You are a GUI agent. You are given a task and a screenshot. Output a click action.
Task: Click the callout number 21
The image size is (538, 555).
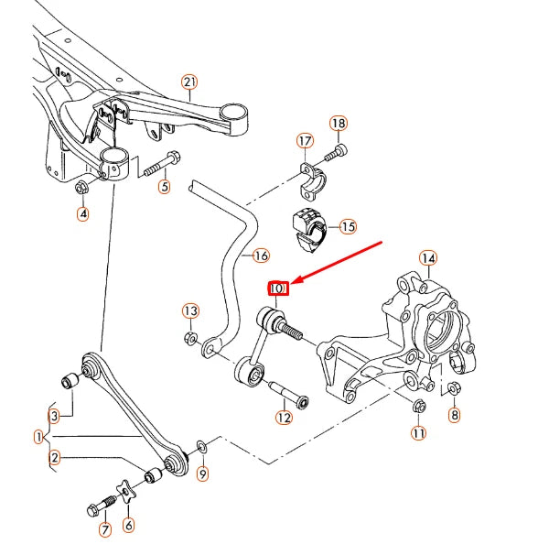coord(189,82)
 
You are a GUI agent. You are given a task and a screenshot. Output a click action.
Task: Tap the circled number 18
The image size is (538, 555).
coord(339,123)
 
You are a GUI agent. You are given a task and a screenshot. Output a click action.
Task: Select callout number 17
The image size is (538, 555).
coord(305,141)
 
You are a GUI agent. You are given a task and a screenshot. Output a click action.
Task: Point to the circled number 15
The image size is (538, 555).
coord(348,226)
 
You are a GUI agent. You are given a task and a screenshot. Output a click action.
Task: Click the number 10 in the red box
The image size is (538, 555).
coord(277,288)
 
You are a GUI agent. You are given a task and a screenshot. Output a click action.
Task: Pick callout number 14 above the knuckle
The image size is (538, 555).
coord(428,258)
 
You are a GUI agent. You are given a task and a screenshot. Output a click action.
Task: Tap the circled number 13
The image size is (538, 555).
coord(190,310)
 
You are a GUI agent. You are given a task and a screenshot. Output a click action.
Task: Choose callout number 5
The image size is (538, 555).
coord(165,186)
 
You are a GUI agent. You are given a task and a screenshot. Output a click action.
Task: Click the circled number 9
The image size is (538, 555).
coord(203,473)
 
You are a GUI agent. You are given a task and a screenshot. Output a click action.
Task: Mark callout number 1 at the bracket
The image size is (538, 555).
coord(39,437)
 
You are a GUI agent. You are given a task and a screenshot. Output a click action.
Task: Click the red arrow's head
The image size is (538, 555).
coord(296,280)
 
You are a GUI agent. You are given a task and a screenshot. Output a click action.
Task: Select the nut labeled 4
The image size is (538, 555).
coord(81,187)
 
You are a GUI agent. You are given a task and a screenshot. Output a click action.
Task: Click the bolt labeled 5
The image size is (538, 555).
coord(162,165)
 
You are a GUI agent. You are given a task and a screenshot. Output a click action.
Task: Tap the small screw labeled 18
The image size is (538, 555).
coord(336,153)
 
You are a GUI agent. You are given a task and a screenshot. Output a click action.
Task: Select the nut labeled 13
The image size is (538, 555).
coord(190,338)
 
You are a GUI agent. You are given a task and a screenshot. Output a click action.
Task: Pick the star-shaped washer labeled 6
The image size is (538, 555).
coord(127,492)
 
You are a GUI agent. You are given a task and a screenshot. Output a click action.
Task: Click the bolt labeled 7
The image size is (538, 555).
coord(102,506)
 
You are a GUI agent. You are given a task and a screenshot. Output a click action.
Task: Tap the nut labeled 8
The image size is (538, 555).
coord(454,388)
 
